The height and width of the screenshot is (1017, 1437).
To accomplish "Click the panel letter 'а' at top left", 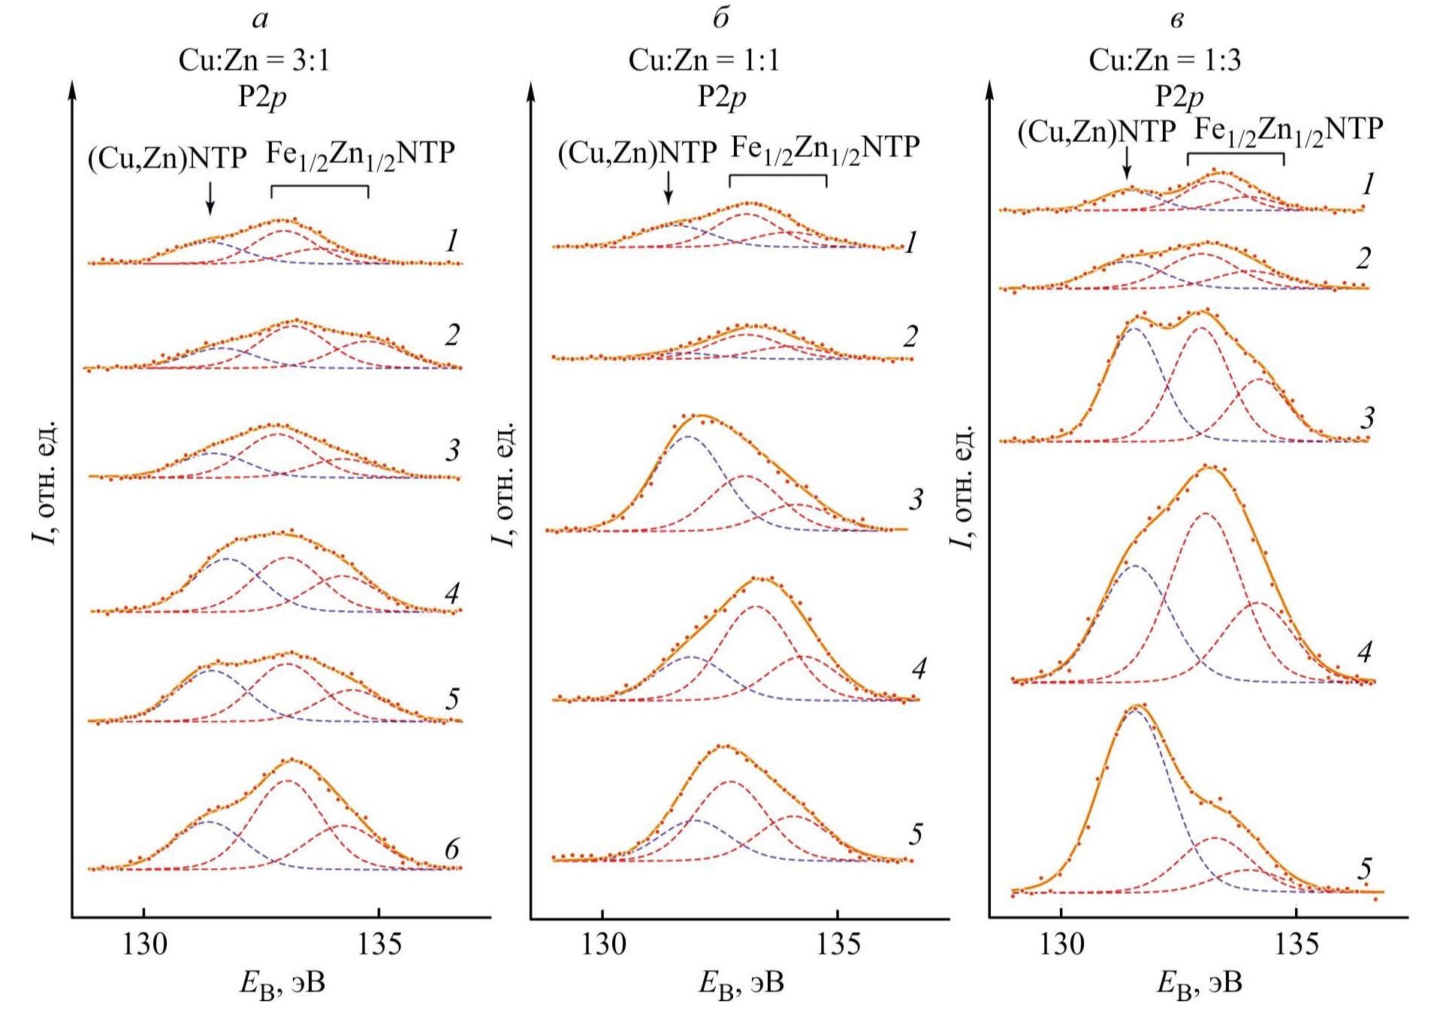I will (260, 20).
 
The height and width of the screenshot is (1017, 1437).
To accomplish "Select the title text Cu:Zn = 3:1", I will (254, 60).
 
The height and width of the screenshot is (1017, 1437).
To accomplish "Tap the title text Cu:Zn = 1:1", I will (704, 60).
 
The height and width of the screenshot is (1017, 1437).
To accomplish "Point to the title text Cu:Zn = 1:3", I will (1164, 60).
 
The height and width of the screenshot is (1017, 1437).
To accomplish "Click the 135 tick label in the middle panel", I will (838, 945).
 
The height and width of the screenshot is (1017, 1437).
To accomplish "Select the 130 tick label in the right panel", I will (1061, 945).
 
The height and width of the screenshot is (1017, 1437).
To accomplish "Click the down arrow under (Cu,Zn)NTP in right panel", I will (1127, 162).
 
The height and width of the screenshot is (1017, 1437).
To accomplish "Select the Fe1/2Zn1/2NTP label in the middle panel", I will (825, 148).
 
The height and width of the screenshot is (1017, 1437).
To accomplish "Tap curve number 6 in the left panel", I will (451, 850).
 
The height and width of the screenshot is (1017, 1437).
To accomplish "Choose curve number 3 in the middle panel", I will (915, 499).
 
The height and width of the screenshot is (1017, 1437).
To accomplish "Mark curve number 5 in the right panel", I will (1364, 870).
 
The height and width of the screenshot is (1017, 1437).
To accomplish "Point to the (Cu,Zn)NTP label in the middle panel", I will (637, 153).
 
